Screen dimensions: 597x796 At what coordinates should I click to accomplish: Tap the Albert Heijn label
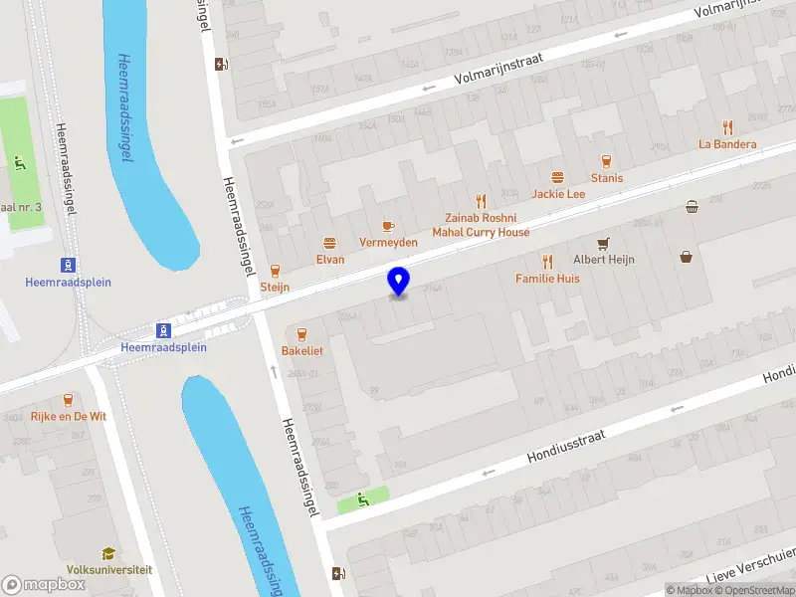pyautogui.click(x=603, y=260)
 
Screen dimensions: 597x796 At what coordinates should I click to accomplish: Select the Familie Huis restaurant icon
pyautogui.click(x=547, y=262)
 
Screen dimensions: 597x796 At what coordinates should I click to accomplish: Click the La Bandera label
pyautogui.click(x=727, y=144)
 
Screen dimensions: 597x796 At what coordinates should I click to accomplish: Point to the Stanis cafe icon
pyautogui.click(x=605, y=161)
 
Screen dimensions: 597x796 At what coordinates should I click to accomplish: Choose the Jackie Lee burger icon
pyautogui.click(x=557, y=177)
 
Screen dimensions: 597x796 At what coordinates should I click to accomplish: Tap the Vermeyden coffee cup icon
pyautogui.click(x=387, y=226)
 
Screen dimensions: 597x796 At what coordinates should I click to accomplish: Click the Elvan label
pyautogui.click(x=330, y=260)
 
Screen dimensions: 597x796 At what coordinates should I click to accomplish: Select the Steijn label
pyautogui.click(x=275, y=288)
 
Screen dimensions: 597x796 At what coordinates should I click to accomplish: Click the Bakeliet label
pyautogui.click(x=302, y=351)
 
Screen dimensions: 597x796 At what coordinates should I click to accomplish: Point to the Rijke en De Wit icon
pyautogui.click(x=68, y=399)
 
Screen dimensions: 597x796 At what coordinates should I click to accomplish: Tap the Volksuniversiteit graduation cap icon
pyautogui.click(x=108, y=553)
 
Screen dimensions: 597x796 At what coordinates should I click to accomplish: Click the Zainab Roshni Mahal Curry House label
pyautogui.click(x=481, y=225)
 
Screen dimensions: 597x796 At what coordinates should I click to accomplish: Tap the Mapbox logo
pyautogui.click(x=44, y=585)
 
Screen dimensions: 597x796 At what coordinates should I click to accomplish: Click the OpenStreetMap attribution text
pyautogui.click(x=753, y=590)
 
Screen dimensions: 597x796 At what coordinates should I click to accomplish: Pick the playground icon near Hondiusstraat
pyautogui.click(x=361, y=500)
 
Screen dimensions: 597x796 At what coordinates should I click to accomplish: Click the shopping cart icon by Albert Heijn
pyautogui.click(x=602, y=243)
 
